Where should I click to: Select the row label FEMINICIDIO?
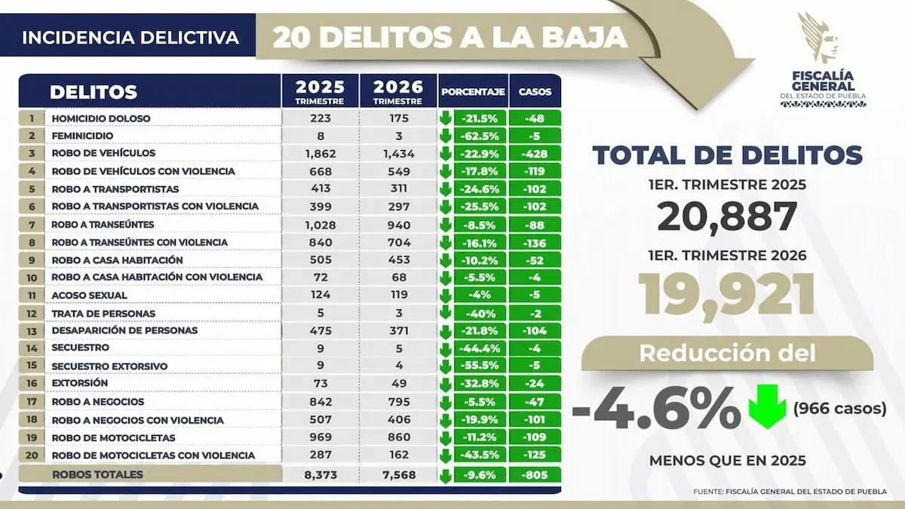click(82, 136)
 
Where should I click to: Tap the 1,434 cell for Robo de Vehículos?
click(397, 153)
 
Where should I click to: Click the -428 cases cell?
click(535, 153)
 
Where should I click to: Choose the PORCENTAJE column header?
click(473, 93)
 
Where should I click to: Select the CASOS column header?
click(535, 93)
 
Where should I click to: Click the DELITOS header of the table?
click(93, 93)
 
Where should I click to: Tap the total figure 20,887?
click(726, 218)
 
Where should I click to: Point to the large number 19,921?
click(726, 294)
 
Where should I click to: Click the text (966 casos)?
click(839, 409)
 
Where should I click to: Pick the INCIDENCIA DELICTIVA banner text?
click(130, 37)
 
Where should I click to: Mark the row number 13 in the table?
click(32, 330)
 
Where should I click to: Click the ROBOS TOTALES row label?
click(97, 474)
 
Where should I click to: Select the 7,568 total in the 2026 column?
click(397, 474)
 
